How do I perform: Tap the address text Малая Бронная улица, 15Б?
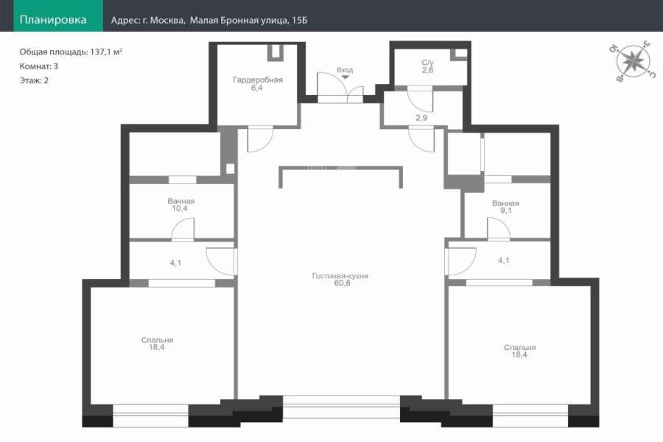point(248,21)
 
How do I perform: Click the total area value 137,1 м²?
point(106,52)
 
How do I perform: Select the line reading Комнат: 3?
point(39,66)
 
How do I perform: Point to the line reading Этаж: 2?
point(34,80)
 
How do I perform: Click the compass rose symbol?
point(633,61)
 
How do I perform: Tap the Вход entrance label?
point(345,70)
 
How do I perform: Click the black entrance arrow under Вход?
point(345,77)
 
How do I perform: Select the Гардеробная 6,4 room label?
point(258,84)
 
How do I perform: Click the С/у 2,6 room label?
point(427,66)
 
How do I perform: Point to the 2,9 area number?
point(421,118)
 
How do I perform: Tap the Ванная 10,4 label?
point(180,205)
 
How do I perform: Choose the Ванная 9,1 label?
point(505,207)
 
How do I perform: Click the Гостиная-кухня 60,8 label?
point(340,280)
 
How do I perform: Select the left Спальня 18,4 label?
point(157,343)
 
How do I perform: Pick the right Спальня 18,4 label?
point(519,351)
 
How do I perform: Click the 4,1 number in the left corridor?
point(175,263)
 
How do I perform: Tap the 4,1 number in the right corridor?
point(504,261)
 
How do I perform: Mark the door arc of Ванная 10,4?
point(178,223)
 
